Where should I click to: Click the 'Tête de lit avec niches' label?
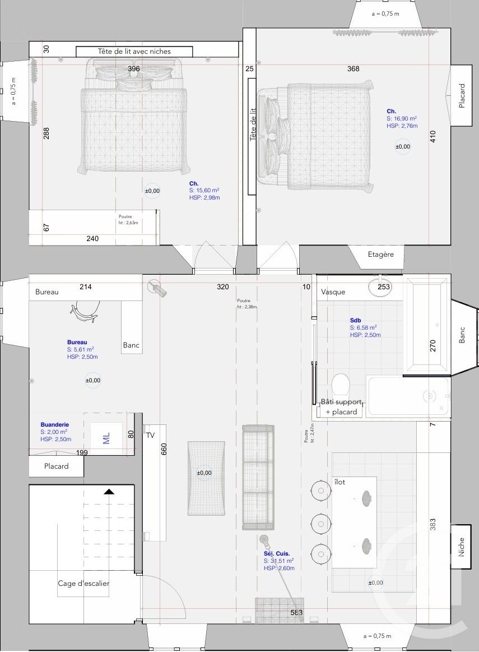134,52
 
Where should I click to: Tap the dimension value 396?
134,69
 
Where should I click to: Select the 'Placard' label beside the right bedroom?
462,96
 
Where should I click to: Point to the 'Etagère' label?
381,255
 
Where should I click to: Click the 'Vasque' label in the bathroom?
333,292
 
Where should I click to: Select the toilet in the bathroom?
341,386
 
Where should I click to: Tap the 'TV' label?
150,434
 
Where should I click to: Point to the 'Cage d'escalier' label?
83,584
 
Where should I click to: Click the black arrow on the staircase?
109,492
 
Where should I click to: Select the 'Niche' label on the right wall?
462,547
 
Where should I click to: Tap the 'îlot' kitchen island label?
340,482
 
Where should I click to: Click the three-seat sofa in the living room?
258,477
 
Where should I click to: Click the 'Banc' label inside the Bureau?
131,345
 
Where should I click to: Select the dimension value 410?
433,137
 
